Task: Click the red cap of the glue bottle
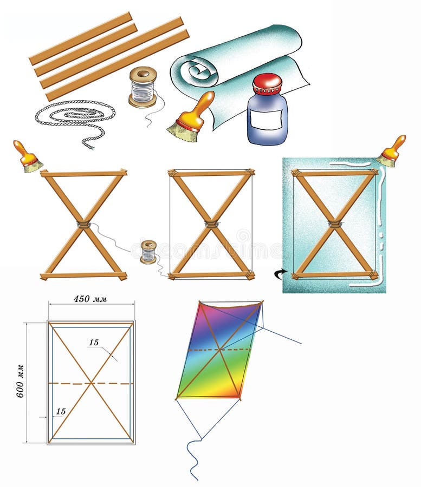coord(268,84)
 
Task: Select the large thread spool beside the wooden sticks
coord(143,87)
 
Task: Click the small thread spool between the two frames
coord(148,252)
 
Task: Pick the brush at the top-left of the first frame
coord(27,157)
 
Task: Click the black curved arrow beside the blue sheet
coord(280,274)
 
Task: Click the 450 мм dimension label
coord(90,299)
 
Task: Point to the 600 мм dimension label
coord(20,381)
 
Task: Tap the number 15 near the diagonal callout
coord(94,343)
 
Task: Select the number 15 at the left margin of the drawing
coord(61,411)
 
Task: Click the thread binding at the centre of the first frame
coord(83,224)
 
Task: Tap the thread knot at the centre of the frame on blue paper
coord(334,223)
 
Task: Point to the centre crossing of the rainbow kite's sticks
coord(220,350)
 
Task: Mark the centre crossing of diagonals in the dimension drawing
coord(91,384)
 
